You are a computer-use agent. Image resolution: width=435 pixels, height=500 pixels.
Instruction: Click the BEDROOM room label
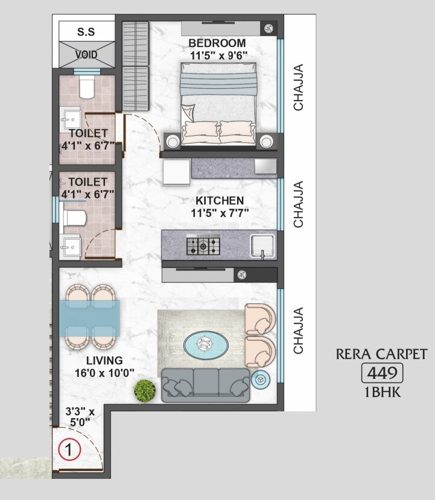tap(217, 43)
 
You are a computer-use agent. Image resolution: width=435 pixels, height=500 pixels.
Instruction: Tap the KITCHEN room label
tap(219, 200)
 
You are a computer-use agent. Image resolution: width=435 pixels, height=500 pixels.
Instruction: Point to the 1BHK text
tap(381, 393)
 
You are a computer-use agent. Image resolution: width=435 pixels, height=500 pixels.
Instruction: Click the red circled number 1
tap(69, 449)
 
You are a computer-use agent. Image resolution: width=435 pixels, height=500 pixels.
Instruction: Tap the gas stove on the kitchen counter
tap(204, 244)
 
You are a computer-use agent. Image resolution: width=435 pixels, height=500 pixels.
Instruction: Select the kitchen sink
tap(264, 245)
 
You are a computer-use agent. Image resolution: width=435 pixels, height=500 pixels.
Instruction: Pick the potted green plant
tap(145, 391)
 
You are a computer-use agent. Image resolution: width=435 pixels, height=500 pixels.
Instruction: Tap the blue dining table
tap(89, 317)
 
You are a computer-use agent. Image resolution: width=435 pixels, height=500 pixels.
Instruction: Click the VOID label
tap(86, 54)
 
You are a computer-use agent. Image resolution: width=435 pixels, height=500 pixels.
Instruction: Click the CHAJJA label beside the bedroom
tap(298, 87)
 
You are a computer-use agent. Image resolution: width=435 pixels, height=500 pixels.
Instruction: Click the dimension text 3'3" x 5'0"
tap(80, 417)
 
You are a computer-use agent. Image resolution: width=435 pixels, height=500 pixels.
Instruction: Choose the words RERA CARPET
tap(381, 354)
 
